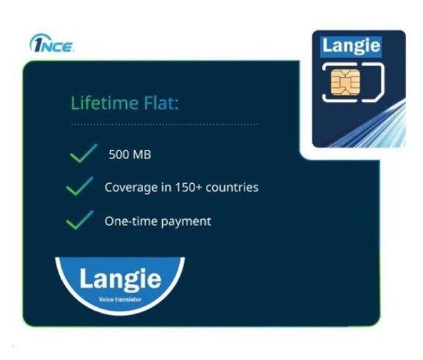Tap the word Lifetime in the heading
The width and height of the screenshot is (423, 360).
pos(99,104)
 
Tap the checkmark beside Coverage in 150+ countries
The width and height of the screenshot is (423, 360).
pos(79,187)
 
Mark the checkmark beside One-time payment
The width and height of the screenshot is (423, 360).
pos(79,221)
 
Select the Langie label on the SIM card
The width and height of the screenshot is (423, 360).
pos(351,47)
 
